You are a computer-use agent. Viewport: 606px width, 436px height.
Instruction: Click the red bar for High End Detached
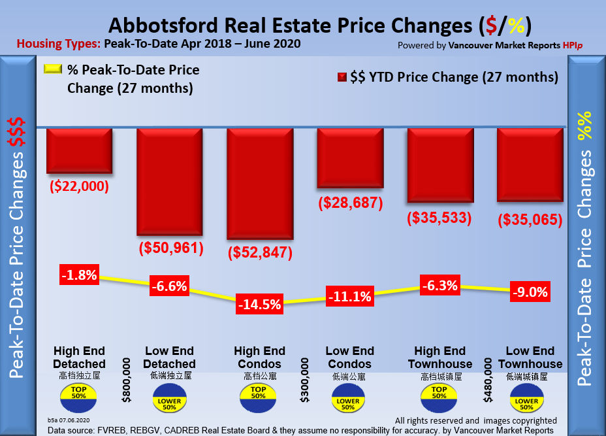coord(79,150)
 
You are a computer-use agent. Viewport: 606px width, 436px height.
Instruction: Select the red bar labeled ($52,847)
coord(259,183)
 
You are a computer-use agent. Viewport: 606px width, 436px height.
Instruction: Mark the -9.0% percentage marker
coord(530,292)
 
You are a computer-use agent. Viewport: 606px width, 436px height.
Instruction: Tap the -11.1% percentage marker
coord(349,297)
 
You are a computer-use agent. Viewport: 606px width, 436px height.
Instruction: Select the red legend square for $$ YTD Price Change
coord(341,78)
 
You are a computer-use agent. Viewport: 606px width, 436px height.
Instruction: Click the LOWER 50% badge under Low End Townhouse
coord(528,400)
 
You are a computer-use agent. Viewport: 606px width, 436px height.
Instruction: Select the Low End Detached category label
coord(169,357)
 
